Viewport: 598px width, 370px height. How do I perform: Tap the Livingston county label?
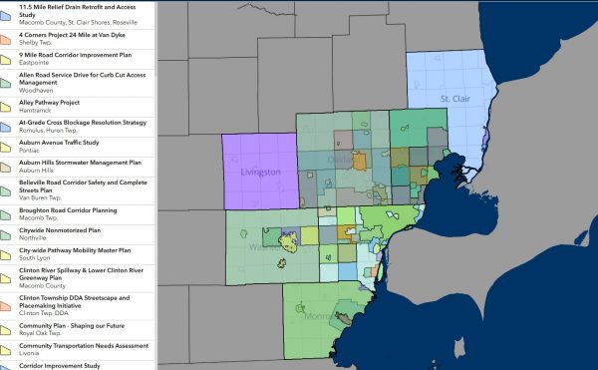tap(262, 173)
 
